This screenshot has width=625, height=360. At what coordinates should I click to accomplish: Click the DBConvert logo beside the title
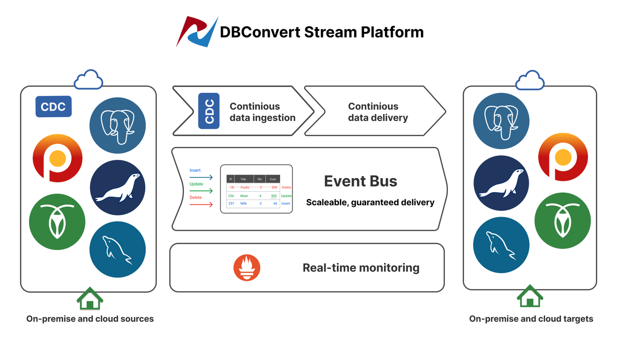196,32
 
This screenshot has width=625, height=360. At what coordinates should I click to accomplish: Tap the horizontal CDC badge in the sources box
54,106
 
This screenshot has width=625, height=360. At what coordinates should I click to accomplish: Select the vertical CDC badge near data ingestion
209,110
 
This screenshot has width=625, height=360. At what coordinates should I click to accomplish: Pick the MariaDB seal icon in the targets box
501,183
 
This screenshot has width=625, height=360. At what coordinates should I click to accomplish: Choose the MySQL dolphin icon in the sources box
117,247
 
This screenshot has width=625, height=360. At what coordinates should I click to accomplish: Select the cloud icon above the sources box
88,80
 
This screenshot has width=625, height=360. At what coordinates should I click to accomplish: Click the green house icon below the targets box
530,296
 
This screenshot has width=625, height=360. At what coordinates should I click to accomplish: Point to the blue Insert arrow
201,178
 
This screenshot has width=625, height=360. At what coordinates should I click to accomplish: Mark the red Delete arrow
201,205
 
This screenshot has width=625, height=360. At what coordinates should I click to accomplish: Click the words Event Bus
360,181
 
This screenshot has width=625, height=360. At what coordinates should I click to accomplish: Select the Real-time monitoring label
361,268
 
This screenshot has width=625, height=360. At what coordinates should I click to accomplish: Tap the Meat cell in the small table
244,196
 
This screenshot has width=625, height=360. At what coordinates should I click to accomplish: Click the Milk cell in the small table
243,204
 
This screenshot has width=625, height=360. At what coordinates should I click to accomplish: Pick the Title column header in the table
243,179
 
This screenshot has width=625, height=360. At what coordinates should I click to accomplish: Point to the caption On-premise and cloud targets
531,319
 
